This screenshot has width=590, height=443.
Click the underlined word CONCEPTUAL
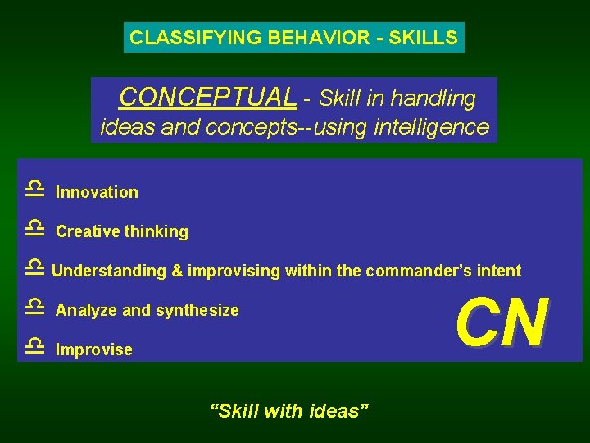[207, 98]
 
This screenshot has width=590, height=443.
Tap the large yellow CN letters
[501, 322]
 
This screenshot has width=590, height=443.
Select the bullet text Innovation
[97, 193]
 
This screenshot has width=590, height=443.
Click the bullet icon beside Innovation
[34, 190]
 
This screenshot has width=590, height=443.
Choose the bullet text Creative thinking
[122, 232]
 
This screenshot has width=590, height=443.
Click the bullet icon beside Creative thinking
[34, 228]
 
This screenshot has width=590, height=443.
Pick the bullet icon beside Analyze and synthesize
[34, 307]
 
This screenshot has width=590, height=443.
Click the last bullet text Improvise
[93, 350]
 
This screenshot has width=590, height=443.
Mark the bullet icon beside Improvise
[34, 345]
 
